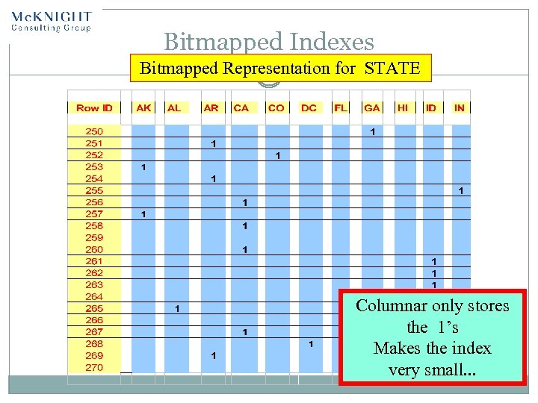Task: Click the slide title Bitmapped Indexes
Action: click(268, 43)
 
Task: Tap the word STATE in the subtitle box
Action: click(392, 69)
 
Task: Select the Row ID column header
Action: click(94, 107)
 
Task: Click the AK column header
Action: click(143, 107)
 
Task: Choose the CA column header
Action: click(241, 107)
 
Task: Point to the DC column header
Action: click(309, 107)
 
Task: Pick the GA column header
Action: click(371, 107)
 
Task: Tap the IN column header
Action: click(460, 107)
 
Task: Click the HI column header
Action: click(403, 107)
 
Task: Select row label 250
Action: click(94, 131)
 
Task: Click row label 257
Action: click(94, 214)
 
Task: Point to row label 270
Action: click(94, 367)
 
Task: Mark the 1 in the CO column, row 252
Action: click(277, 156)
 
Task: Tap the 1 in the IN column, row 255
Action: click(461, 191)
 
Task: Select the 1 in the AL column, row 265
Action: click(177, 308)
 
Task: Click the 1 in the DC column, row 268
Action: click(311, 344)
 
